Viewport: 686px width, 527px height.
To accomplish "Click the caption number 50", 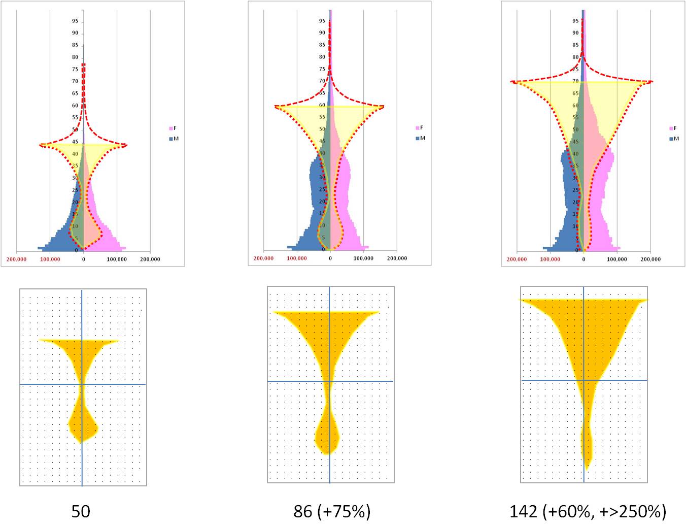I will click(x=81, y=511).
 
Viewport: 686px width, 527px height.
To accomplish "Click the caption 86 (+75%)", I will click(x=332, y=511).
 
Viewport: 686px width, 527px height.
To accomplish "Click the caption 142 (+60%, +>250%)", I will click(x=588, y=511).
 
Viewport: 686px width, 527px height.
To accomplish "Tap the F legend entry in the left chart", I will click(x=173, y=128).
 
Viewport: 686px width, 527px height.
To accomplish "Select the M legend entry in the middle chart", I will click(x=420, y=138).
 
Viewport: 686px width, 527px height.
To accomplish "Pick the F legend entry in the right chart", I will click(x=673, y=128).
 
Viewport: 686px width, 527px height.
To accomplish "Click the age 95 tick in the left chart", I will click(x=75, y=21).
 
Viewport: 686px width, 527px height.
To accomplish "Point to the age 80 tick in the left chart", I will click(x=75, y=57).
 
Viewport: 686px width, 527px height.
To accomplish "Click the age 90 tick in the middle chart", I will click(x=322, y=33).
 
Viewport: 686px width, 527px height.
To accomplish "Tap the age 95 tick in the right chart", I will click(x=575, y=21).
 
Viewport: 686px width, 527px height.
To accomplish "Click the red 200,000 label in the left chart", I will click(x=17, y=259).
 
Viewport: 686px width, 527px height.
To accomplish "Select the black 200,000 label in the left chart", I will click(x=150, y=259).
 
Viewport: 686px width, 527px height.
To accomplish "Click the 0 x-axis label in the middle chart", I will click(x=330, y=258).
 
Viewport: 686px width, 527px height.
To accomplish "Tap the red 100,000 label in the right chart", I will click(x=550, y=259).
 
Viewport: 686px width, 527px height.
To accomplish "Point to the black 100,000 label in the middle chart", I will click(x=363, y=258).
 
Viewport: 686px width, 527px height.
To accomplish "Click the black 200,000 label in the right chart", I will click(x=650, y=259).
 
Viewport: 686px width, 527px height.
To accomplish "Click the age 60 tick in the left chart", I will click(x=75, y=106).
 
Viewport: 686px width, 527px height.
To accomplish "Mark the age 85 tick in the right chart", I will click(x=575, y=45).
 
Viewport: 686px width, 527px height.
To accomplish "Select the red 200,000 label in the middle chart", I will click(x=263, y=258).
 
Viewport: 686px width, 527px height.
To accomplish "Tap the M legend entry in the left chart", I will click(x=173, y=139).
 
